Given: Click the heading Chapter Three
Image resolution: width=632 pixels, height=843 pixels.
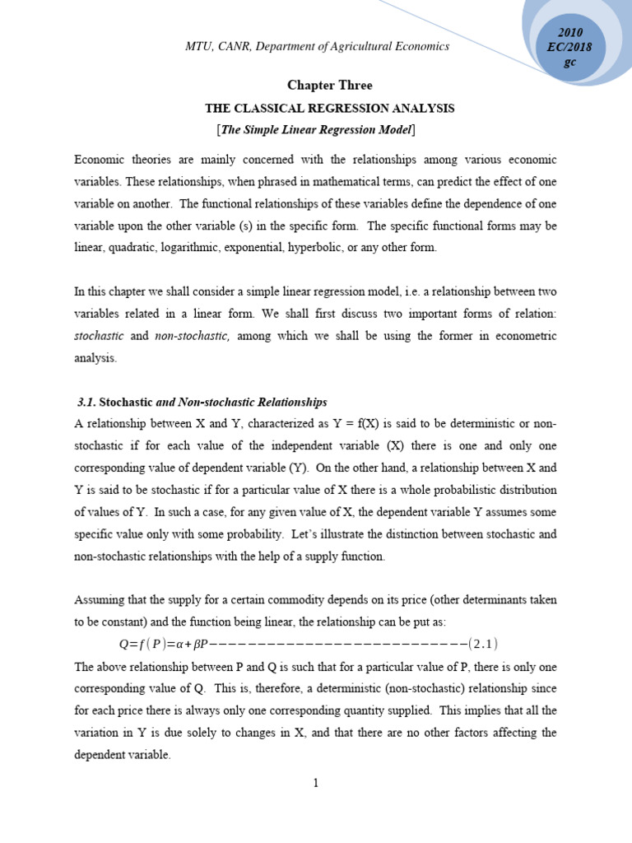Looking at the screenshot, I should click(x=329, y=86).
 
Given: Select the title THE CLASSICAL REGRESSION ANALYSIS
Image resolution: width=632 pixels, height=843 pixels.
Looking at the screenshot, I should click(x=329, y=108).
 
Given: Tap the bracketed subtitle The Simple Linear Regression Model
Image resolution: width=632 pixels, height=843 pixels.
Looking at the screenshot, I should click(x=316, y=130).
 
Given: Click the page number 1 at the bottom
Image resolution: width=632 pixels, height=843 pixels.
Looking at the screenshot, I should click(x=315, y=783).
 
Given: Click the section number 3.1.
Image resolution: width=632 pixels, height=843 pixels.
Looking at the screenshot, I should click(x=86, y=402).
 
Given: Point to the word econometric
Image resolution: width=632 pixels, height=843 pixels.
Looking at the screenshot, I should click(x=523, y=335).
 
